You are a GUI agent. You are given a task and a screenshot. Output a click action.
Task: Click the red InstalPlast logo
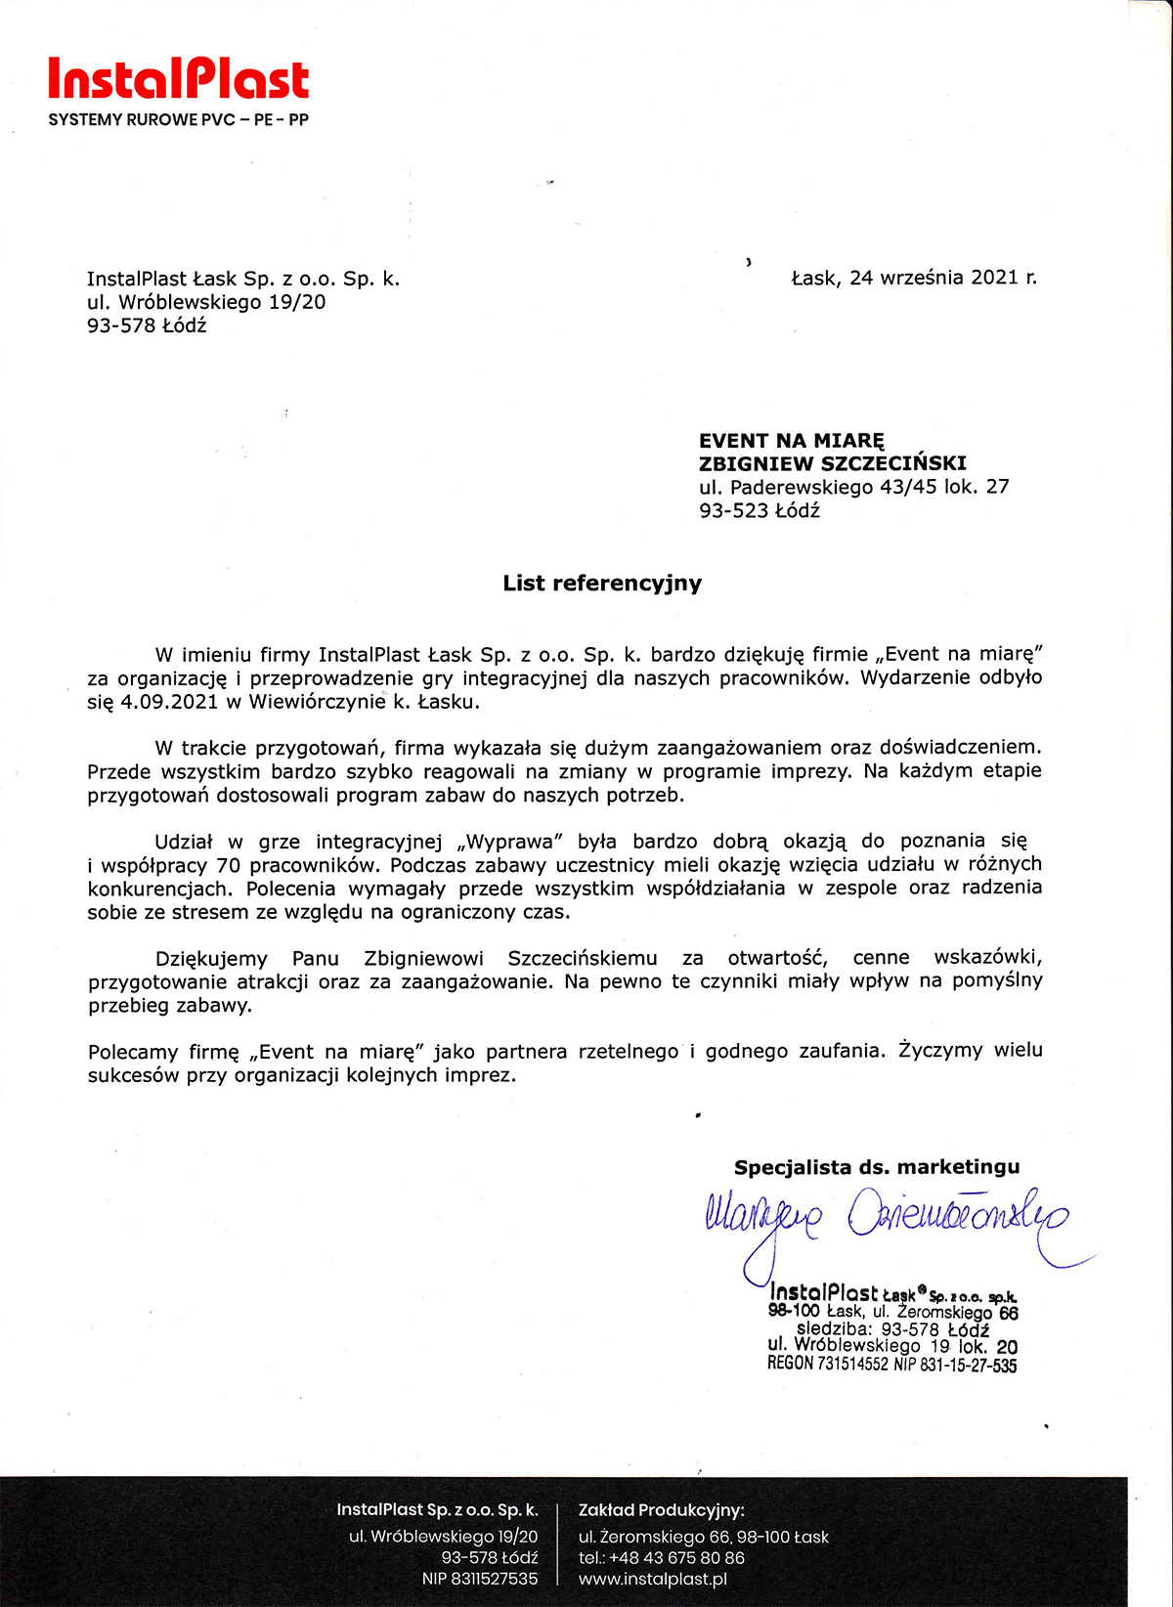click(x=178, y=79)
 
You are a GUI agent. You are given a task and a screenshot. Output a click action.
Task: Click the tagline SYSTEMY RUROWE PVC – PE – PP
click(x=178, y=120)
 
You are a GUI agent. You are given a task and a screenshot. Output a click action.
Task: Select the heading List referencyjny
click(x=602, y=584)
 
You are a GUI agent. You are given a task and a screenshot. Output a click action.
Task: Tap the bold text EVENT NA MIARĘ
click(x=791, y=441)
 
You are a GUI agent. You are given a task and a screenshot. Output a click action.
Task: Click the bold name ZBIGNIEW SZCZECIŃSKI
click(x=832, y=463)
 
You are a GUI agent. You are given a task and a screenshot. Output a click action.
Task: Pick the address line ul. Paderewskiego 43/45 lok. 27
click(x=853, y=487)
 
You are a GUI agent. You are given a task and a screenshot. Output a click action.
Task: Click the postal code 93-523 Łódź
click(x=759, y=510)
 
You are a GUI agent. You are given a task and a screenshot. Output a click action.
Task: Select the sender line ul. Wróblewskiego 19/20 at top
click(x=206, y=302)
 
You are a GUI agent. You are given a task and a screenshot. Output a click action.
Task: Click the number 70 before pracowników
click(x=228, y=865)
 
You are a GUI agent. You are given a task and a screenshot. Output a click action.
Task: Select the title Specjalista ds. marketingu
click(x=877, y=1167)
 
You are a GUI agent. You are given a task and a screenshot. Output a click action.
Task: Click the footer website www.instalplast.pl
click(x=652, y=1580)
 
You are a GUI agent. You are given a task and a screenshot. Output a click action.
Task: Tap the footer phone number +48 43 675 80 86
click(x=676, y=1558)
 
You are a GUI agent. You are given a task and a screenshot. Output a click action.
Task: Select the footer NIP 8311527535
click(x=479, y=1580)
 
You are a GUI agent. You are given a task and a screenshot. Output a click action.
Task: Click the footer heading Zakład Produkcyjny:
click(x=661, y=1510)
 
